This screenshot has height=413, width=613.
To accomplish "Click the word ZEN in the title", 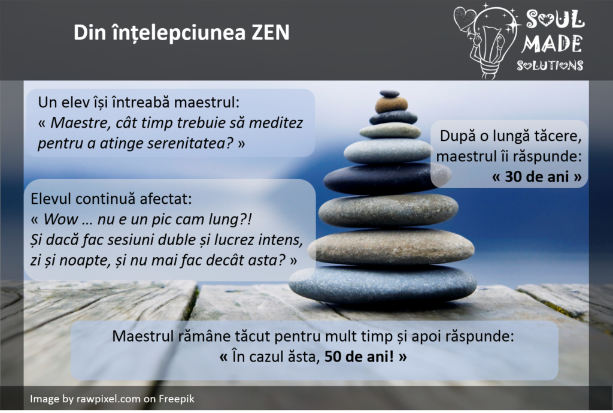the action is click(x=270, y=32).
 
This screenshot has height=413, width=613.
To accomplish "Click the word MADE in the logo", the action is click(x=552, y=44).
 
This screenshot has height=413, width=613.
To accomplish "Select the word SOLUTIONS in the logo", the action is click(x=550, y=65).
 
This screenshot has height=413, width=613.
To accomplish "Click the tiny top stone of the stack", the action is click(x=390, y=94).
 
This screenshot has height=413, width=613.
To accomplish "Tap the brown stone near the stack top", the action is click(x=392, y=104).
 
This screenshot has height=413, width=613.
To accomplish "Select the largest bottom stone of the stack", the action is click(x=383, y=284).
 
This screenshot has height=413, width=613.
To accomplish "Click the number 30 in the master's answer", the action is click(x=515, y=177).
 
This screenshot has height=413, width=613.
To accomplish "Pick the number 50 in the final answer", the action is click(x=335, y=357).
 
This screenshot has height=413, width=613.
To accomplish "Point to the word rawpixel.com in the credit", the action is click(x=108, y=399).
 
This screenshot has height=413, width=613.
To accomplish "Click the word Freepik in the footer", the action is click(x=177, y=399).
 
